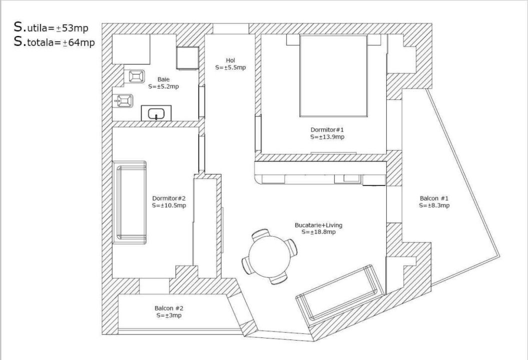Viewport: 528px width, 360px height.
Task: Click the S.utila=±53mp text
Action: click(x=51, y=27)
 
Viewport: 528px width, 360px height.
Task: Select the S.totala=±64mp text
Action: click(x=54, y=42)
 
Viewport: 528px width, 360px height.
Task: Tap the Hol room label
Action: click(x=230, y=60)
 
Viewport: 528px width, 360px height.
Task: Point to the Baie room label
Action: click(x=164, y=79)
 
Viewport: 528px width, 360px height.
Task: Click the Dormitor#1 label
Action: click(x=327, y=129)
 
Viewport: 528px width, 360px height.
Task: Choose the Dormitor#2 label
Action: click(x=169, y=198)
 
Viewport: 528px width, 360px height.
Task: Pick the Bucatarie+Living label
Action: click(x=318, y=225)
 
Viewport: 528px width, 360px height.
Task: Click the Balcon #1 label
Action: click(x=434, y=198)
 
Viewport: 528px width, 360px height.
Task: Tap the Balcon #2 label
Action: click(x=169, y=308)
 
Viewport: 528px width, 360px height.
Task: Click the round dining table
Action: click(x=270, y=256)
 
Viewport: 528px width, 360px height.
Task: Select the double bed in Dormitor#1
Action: click(x=333, y=76)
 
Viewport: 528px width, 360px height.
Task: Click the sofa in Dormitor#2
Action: click(x=131, y=202)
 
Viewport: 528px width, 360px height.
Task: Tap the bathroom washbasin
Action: click(x=156, y=113)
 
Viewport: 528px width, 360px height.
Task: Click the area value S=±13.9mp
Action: click(x=327, y=137)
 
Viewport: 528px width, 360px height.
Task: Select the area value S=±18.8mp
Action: click(x=318, y=232)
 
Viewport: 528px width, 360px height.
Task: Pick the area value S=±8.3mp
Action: click(x=434, y=205)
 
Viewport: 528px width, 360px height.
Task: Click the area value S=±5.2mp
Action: click(x=164, y=86)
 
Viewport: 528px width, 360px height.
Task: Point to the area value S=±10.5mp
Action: click(x=169, y=205)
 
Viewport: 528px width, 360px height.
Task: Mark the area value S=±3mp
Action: click(x=169, y=315)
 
